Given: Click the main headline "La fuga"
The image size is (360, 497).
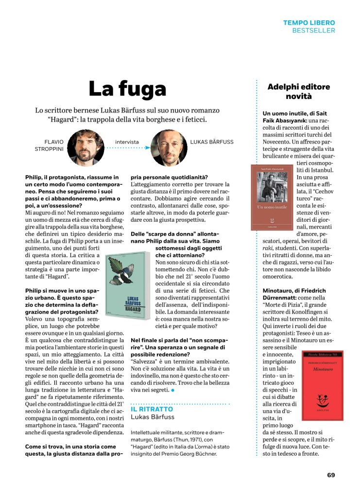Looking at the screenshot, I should pyautogui.click(x=127, y=89).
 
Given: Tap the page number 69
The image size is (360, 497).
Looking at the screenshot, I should pyautogui.click(x=331, y=475).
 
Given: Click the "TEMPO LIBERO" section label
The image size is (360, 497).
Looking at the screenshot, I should pyautogui.click(x=309, y=23).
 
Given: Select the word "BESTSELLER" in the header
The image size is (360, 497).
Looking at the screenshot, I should pyautogui.click(x=313, y=31).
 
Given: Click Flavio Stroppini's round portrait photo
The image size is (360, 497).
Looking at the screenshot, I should pyautogui.click(x=86, y=148).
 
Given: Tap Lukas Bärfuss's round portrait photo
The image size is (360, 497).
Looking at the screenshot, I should pyautogui.click(x=169, y=148).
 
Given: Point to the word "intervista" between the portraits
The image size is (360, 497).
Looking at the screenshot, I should pyautogui.click(x=127, y=142).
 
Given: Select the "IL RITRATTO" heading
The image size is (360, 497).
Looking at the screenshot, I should pyautogui.click(x=152, y=409).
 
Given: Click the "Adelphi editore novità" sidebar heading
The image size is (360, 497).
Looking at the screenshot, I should pyautogui.click(x=299, y=91).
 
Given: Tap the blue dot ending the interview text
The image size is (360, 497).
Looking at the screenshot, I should pyautogui.click(x=172, y=390).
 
